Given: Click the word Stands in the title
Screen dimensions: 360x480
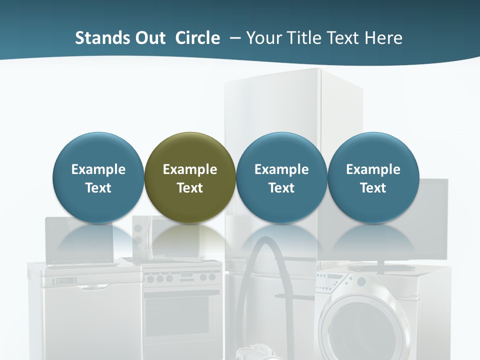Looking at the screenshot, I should pyautogui.click(x=99, y=38).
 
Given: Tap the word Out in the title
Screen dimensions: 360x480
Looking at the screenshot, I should pyautogui.click(x=148, y=38).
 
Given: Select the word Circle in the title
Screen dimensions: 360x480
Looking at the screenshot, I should pyautogui.click(x=197, y=38).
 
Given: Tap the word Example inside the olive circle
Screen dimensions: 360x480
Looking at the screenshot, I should pyautogui.click(x=190, y=169).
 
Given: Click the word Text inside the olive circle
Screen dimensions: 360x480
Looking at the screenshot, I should pyautogui.click(x=190, y=188).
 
